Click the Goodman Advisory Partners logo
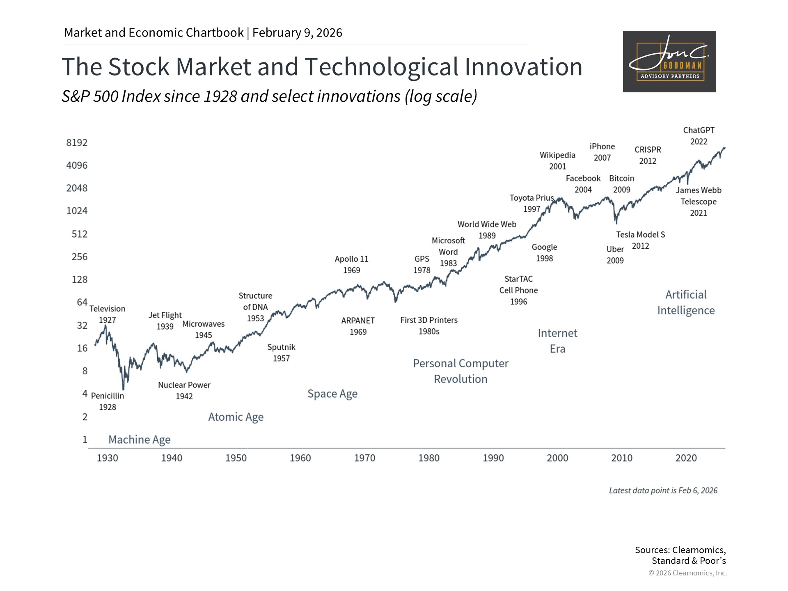pyautogui.click(x=669, y=62)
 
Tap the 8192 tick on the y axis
pyautogui.click(x=77, y=143)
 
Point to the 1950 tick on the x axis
pyautogui.click(x=236, y=458)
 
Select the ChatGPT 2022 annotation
pyautogui.click(x=699, y=136)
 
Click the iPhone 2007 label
pyautogui.click(x=602, y=152)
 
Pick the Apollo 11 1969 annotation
pyautogui.click(x=351, y=264)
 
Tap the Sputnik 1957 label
pyautogui.click(x=281, y=353)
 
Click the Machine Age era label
pyautogui.click(x=139, y=440)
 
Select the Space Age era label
pyautogui.click(x=332, y=394)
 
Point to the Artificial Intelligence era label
pyautogui.click(x=686, y=302)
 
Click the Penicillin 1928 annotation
pyautogui.click(x=108, y=401)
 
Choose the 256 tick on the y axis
pyautogui.click(x=79, y=257)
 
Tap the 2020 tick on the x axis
pyautogui.click(x=686, y=458)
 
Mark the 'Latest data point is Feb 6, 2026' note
pyautogui.click(x=663, y=490)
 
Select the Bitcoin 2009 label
pyautogui.click(x=621, y=184)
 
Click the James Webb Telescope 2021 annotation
pyautogui.click(x=698, y=202)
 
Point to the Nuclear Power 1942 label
pyautogui.click(x=184, y=390)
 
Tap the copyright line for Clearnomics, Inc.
pyautogui.click(x=687, y=573)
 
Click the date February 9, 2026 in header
pyautogui.click(x=297, y=33)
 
